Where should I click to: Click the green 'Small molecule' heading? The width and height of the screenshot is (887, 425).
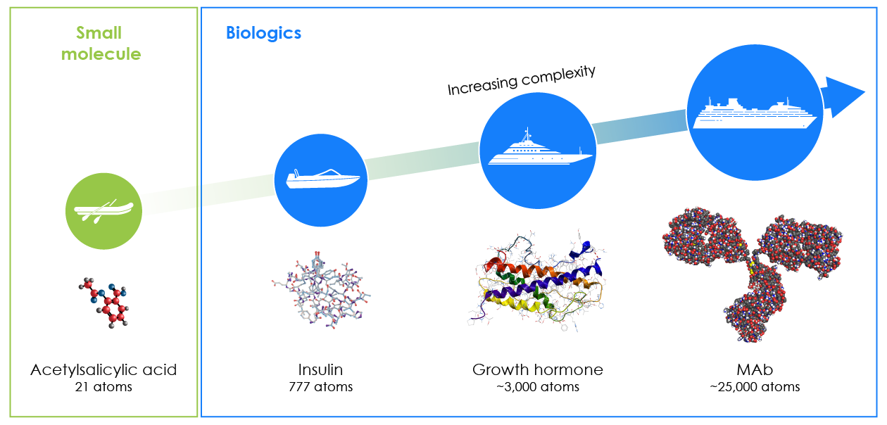(x=101, y=44)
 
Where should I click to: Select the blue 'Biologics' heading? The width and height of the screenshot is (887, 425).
(x=263, y=33)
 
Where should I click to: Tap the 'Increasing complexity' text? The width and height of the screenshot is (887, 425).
(x=522, y=80)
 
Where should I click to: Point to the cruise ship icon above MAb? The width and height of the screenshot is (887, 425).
(x=755, y=113)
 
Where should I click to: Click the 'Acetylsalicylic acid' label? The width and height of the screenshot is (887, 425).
(x=103, y=370)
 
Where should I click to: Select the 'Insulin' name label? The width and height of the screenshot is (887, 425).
(x=321, y=370)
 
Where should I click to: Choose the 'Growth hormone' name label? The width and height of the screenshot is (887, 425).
(x=537, y=370)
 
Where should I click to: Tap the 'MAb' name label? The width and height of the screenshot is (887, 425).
(x=755, y=370)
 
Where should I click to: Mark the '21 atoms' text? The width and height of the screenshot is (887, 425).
(x=103, y=387)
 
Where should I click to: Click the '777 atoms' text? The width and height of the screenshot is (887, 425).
(x=321, y=387)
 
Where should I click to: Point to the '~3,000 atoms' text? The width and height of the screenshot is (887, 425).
(x=537, y=387)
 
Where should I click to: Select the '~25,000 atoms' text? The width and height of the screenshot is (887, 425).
(x=755, y=387)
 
